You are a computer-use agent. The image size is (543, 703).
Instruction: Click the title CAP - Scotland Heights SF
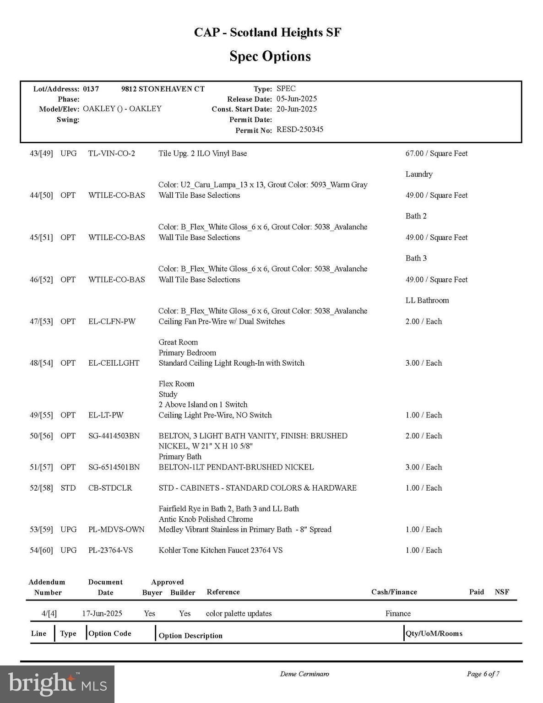[268, 32]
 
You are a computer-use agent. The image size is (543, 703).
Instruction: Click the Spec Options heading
[270, 56]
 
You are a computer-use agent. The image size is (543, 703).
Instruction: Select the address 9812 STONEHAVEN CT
[163, 89]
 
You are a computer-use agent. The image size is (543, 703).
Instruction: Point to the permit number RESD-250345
[300, 130]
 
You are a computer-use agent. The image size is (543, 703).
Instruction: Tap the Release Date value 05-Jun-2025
[297, 99]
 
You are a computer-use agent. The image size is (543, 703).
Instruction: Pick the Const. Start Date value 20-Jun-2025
[297, 109]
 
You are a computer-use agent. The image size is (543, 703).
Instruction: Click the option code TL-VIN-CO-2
[112, 153]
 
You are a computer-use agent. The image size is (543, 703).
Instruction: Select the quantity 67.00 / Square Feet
[436, 153]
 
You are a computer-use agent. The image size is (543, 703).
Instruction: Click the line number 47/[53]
[41, 321]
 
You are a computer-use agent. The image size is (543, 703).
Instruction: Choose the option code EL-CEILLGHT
[114, 363]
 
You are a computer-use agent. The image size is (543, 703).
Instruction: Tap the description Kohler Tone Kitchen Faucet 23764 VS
[221, 550]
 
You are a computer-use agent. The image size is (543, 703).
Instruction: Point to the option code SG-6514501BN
[114, 467]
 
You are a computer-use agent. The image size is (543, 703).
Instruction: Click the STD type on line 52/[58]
[68, 488]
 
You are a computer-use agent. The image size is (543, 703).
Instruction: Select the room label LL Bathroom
[427, 300]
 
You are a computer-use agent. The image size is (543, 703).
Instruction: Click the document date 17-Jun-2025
[102, 613]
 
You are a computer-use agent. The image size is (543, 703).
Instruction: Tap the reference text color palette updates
[239, 613]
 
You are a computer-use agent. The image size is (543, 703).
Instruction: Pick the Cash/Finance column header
[394, 592]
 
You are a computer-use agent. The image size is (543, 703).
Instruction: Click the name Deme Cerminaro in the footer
[304, 674]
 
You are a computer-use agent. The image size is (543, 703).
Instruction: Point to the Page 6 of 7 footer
[483, 674]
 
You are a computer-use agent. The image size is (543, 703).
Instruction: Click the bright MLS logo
[57, 684]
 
